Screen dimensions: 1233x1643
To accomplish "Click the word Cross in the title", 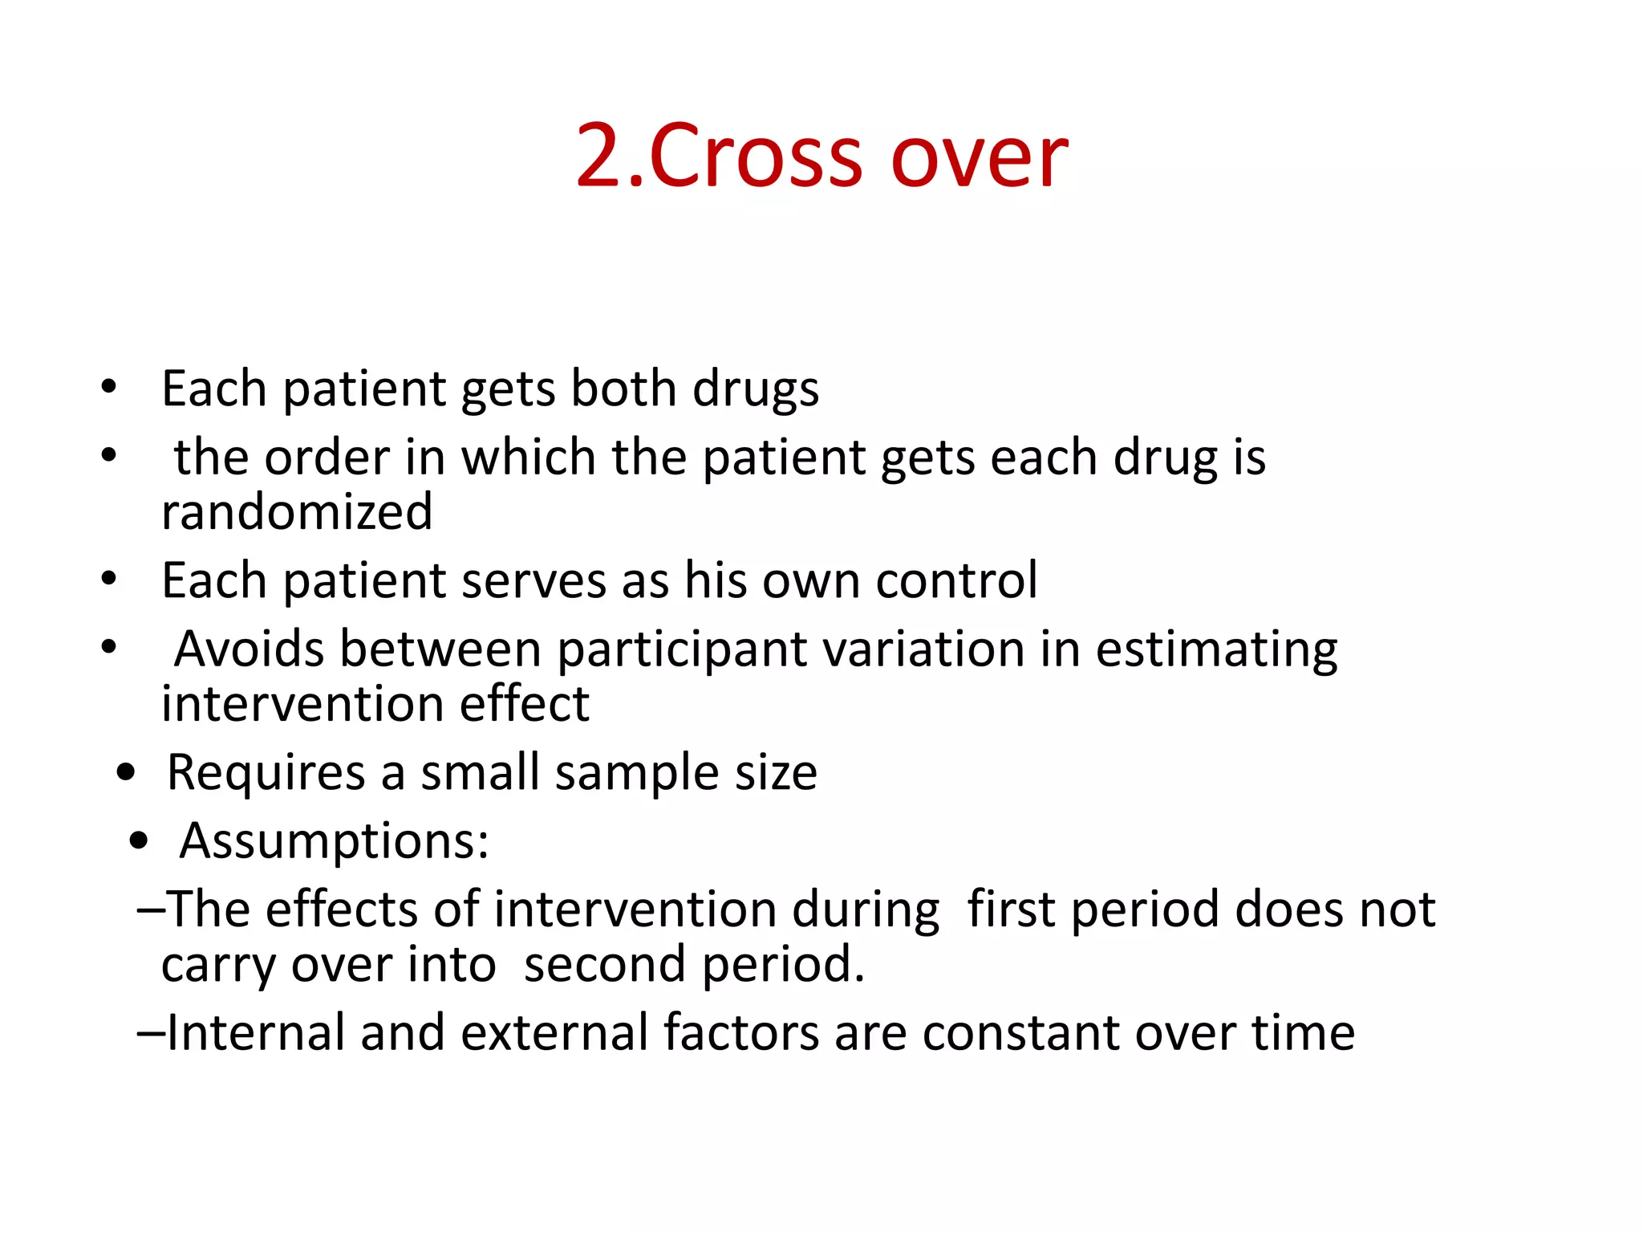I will (x=756, y=156).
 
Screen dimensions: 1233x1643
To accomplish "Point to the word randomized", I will (x=297, y=512).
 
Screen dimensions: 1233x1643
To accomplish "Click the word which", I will (x=528, y=457).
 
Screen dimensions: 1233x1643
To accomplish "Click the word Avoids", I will (x=249, y=649).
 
